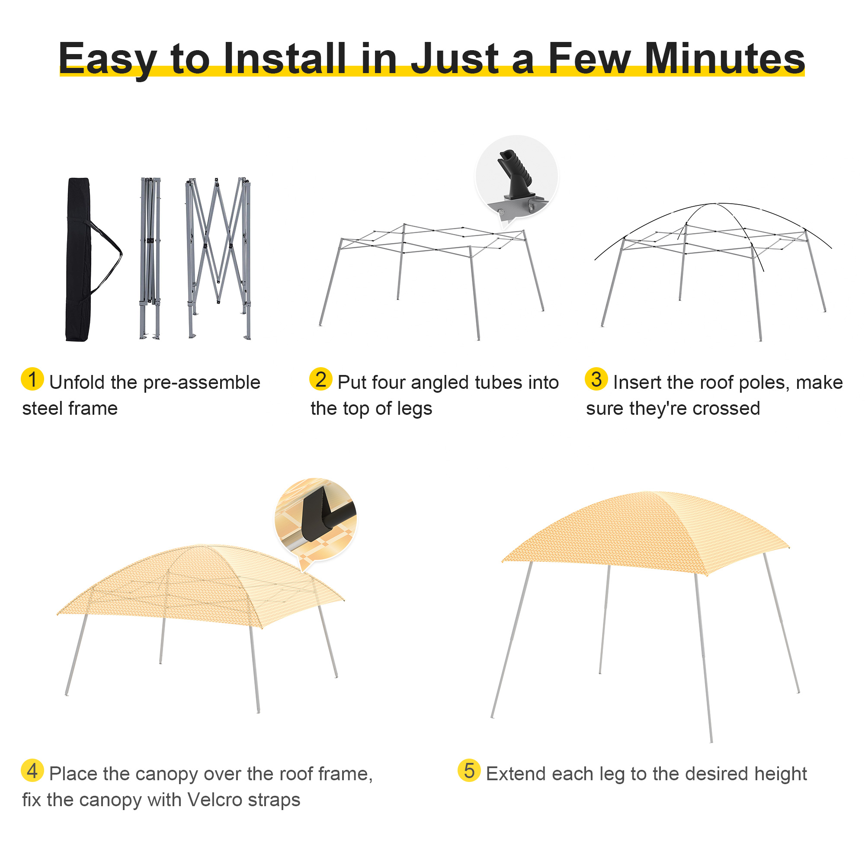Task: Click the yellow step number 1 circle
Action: coord(32,379)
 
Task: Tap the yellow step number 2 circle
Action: coord(320,379)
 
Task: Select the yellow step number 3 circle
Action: coord(596,379)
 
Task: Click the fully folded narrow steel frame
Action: coord(150,258)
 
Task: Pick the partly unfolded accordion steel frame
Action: coord(218,258)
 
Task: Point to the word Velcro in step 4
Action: coord(214,800)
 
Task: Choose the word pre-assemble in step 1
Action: coord(202,383)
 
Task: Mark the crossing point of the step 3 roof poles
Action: coord(715,204)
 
